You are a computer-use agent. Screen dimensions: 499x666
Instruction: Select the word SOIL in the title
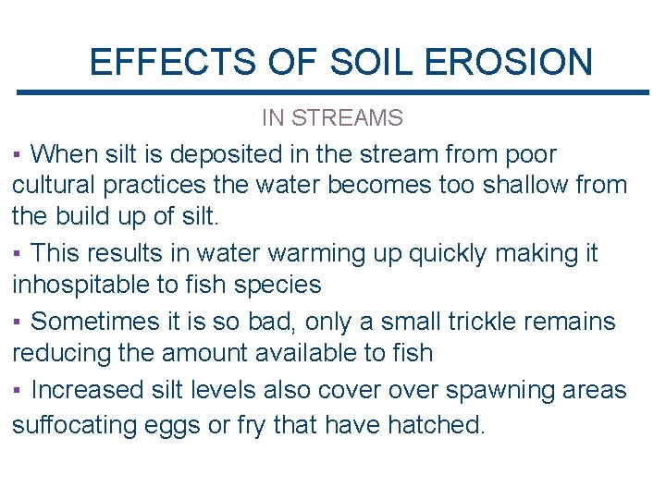tap(363, 62)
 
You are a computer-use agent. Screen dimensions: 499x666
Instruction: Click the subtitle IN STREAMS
tap(332, 118)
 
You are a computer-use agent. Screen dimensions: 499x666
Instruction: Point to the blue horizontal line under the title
tap(333, 91)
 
